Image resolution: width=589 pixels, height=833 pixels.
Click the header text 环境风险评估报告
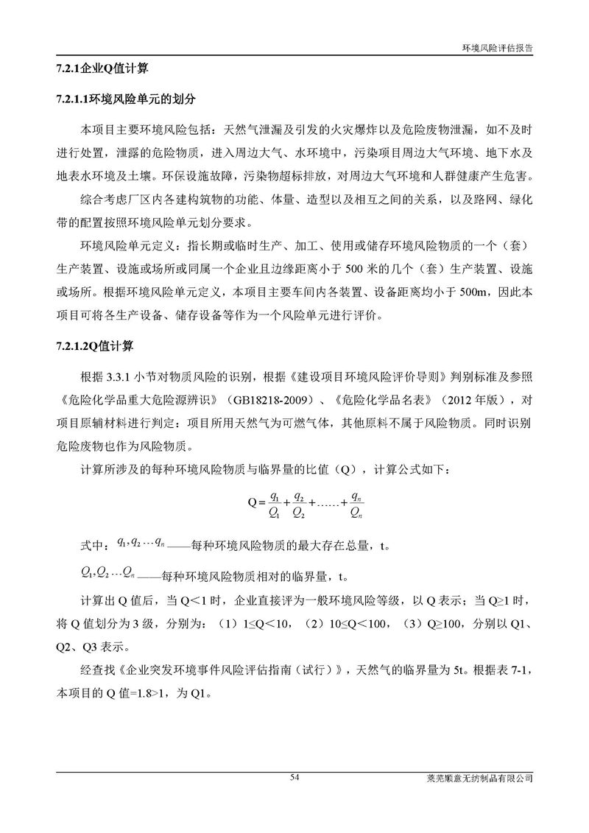click(x=497, y=46)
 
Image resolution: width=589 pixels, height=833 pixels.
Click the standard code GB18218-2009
click(x=255, y=401)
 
